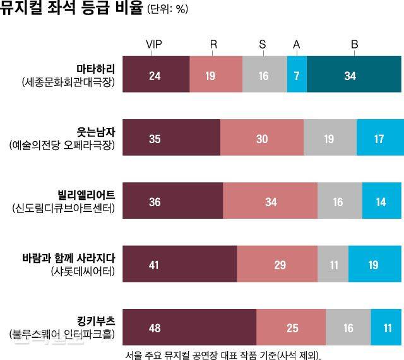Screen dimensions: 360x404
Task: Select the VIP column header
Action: coord(155,44)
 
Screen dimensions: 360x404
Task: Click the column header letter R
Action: coord(213,44)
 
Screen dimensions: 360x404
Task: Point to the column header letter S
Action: coord(263,44)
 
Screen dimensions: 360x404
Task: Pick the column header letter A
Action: coord(297,44)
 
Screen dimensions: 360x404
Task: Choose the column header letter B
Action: coord(354,44)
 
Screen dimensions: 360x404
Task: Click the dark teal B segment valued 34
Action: coord(354,75)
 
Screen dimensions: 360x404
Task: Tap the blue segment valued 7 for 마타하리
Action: coord(297,75)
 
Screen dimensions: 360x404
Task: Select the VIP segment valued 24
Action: coord(155,75)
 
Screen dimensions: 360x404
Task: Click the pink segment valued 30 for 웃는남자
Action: coord(262,138)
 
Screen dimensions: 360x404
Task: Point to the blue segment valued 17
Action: coord(379,138)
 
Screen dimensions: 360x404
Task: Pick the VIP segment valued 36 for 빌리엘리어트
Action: coord(172,202)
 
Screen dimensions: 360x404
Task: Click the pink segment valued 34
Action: coord(270,202)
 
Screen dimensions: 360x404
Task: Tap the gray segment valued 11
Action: coord(333,265)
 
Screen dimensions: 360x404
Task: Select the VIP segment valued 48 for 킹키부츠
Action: coord(189,328)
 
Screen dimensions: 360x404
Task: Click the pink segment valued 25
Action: coord(291,328)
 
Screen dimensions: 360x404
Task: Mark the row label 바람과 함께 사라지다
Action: coord(67,258)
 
